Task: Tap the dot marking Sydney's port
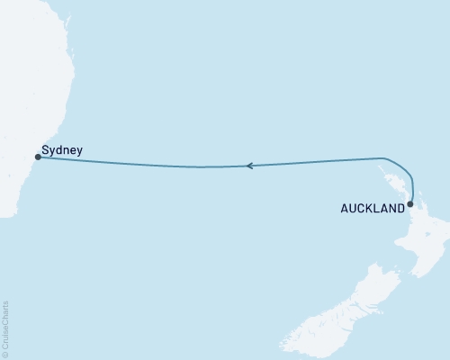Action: coord(37,157)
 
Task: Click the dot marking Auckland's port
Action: coord(410,204)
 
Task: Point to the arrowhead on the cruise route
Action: coord(249,166)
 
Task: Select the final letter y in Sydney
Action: coord(79,151)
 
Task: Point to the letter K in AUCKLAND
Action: coord(371,207)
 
